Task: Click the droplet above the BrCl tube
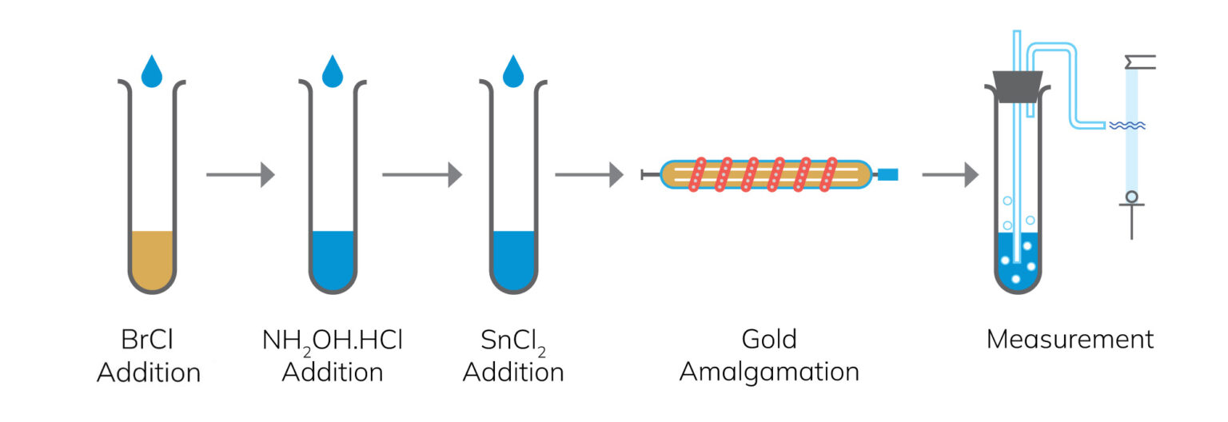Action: pyautogui.click(x=152, y=73)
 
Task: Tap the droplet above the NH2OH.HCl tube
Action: pyautogui.click(x=333, y=73)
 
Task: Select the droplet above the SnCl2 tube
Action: pyautogui.click(x=513, y=73)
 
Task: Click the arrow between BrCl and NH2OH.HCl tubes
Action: pyautogui.click(x=241, y=175)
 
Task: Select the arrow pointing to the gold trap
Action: pyautogui.click(x=589, y=175)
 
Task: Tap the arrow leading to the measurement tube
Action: pyautogui.click(x=950, y=175)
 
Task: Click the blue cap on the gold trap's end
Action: pyautogui.click(x=888, y=175)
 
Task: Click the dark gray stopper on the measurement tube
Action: pyautogui.click(x=1018, y=86)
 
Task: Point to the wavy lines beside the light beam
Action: pyautogui.click(x=1127, y=125)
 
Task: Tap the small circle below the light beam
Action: pyautogui.click(x=1131, y=197)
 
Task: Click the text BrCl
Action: pyautogui.click(x=147, y=340)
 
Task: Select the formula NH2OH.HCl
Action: pyautogui.click(x=333, y=342)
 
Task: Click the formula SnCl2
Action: pyautogui.click(x=513, y=342)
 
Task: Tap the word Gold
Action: pyautogui.click(x=769, y=339)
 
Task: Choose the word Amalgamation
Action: pyautogui.click(x=769, y=373)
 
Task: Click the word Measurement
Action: pyautogui.click(x=1071, y=339)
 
